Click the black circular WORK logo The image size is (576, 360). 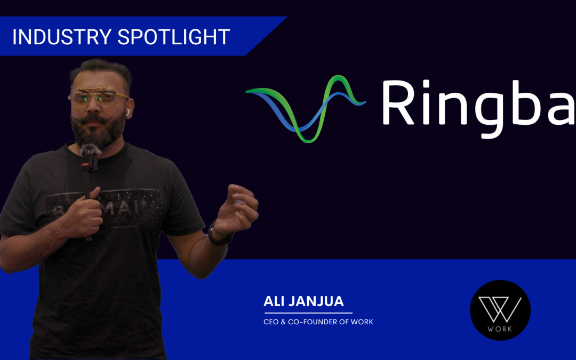tap(500, 310)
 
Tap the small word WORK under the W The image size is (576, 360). tap(500, 329)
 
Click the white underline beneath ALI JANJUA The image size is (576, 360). tap(308, 313)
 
